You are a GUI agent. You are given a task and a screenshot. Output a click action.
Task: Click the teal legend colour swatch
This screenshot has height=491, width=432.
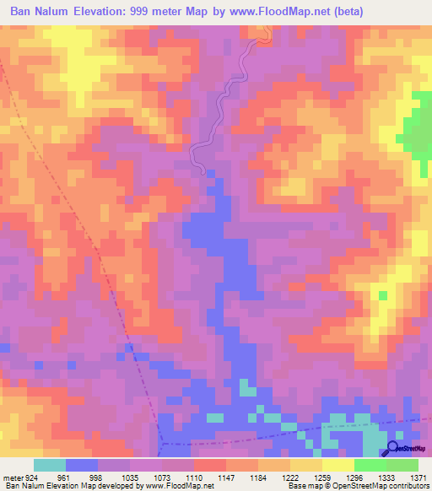pyautogui.click(x=50, y=465)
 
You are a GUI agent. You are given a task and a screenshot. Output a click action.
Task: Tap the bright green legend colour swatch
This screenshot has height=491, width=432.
pyautogui.click(x=370, y=465)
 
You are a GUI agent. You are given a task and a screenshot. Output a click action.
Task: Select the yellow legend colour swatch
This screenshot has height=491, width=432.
pyautogui.click(x=337, y=465)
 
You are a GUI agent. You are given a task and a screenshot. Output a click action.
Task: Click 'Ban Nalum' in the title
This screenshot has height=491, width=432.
pyautogui.click(x=39, y=13)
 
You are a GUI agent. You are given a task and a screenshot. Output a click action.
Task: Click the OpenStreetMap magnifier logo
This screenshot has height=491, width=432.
pyautogui.click(x=393, y=450)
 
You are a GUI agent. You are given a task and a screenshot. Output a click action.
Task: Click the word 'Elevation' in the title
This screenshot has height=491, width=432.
pyautogui.click(x=104, y=13)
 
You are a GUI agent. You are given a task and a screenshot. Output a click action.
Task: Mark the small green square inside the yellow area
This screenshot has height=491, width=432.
pyautogui.click(x=383, y=295)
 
